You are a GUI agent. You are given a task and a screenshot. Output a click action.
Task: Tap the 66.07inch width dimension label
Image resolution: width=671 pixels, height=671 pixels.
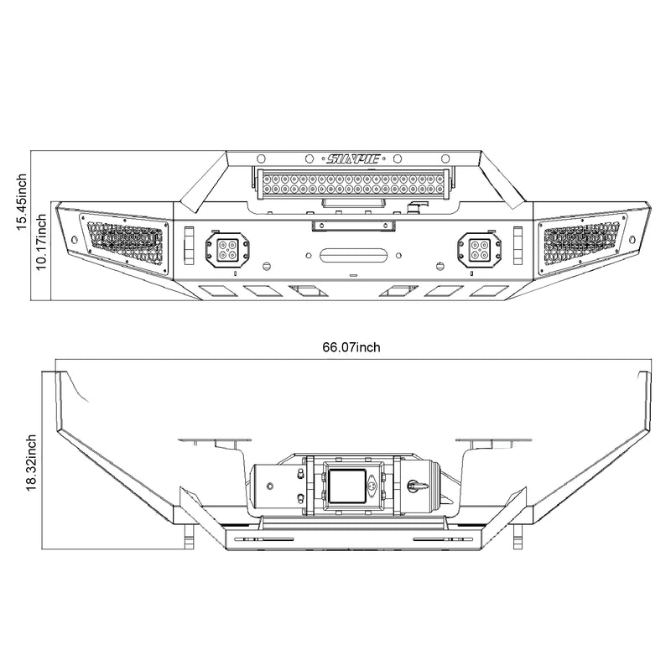(351, 346)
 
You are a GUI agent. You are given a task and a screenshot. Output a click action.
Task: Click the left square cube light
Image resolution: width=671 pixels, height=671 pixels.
(226, 247)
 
